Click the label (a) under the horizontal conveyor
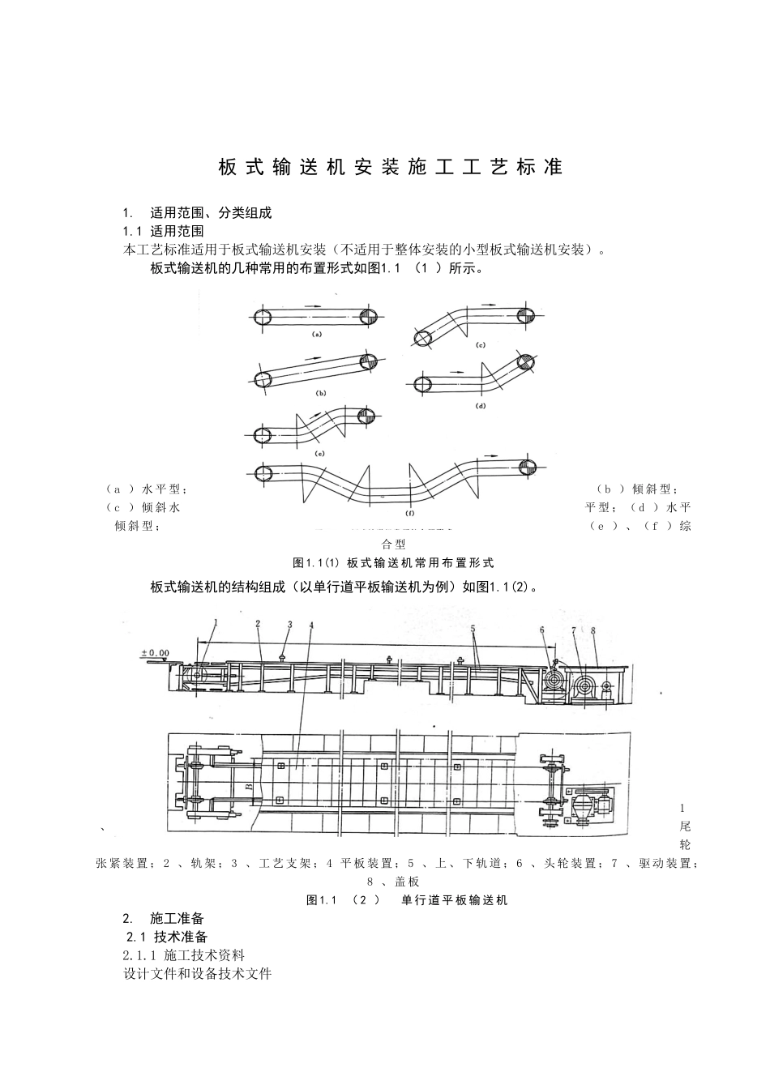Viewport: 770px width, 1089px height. pyautogui.click(x=317, y=333)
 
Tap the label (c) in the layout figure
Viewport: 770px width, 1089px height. pyautogui.click(x=480, y=346)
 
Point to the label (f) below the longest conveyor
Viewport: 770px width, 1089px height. pyautogui.click(x=409, y=513)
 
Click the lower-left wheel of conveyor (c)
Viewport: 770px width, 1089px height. pyautogui.click(x=423, y=338)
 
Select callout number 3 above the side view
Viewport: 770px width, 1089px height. pyautogui.click(x=289, y=625)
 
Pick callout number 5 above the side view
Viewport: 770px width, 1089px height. pyautogui.click(x=473, y=628)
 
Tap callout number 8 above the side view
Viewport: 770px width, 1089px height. pyautogui.click(x=594, y=630)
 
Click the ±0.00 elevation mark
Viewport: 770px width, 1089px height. pyautogui.click(x=155, y=651)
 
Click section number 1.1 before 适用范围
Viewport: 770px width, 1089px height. pyautogui.click(x=132, y=231)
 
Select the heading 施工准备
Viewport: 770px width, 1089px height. pyautogui.click(x=177, y=918)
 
